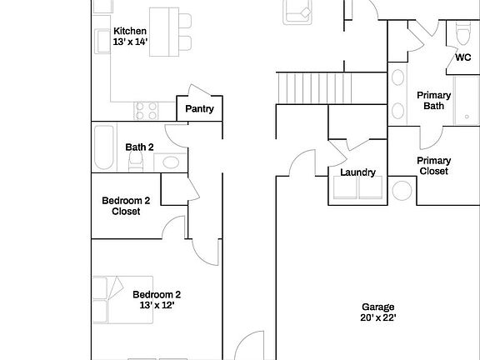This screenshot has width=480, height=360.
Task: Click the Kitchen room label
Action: click(129, 31)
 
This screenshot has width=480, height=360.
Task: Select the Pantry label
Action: click(199, 109)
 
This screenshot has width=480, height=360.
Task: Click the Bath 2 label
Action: click(139, 147)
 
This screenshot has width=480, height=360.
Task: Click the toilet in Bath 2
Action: click(169, 162)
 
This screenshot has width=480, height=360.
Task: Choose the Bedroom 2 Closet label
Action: click(126, 206)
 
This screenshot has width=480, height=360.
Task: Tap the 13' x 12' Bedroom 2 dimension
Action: click(157, 306)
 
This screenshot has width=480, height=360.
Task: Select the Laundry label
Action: click(357, 172)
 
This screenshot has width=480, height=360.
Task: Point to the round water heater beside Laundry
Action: click(402, 192)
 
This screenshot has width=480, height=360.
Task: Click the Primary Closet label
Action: click(433, 166)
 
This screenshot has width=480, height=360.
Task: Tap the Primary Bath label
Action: click(433, 101)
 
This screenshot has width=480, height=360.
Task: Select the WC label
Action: click(462, 57)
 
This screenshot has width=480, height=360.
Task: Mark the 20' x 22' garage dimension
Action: click(377, 318)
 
